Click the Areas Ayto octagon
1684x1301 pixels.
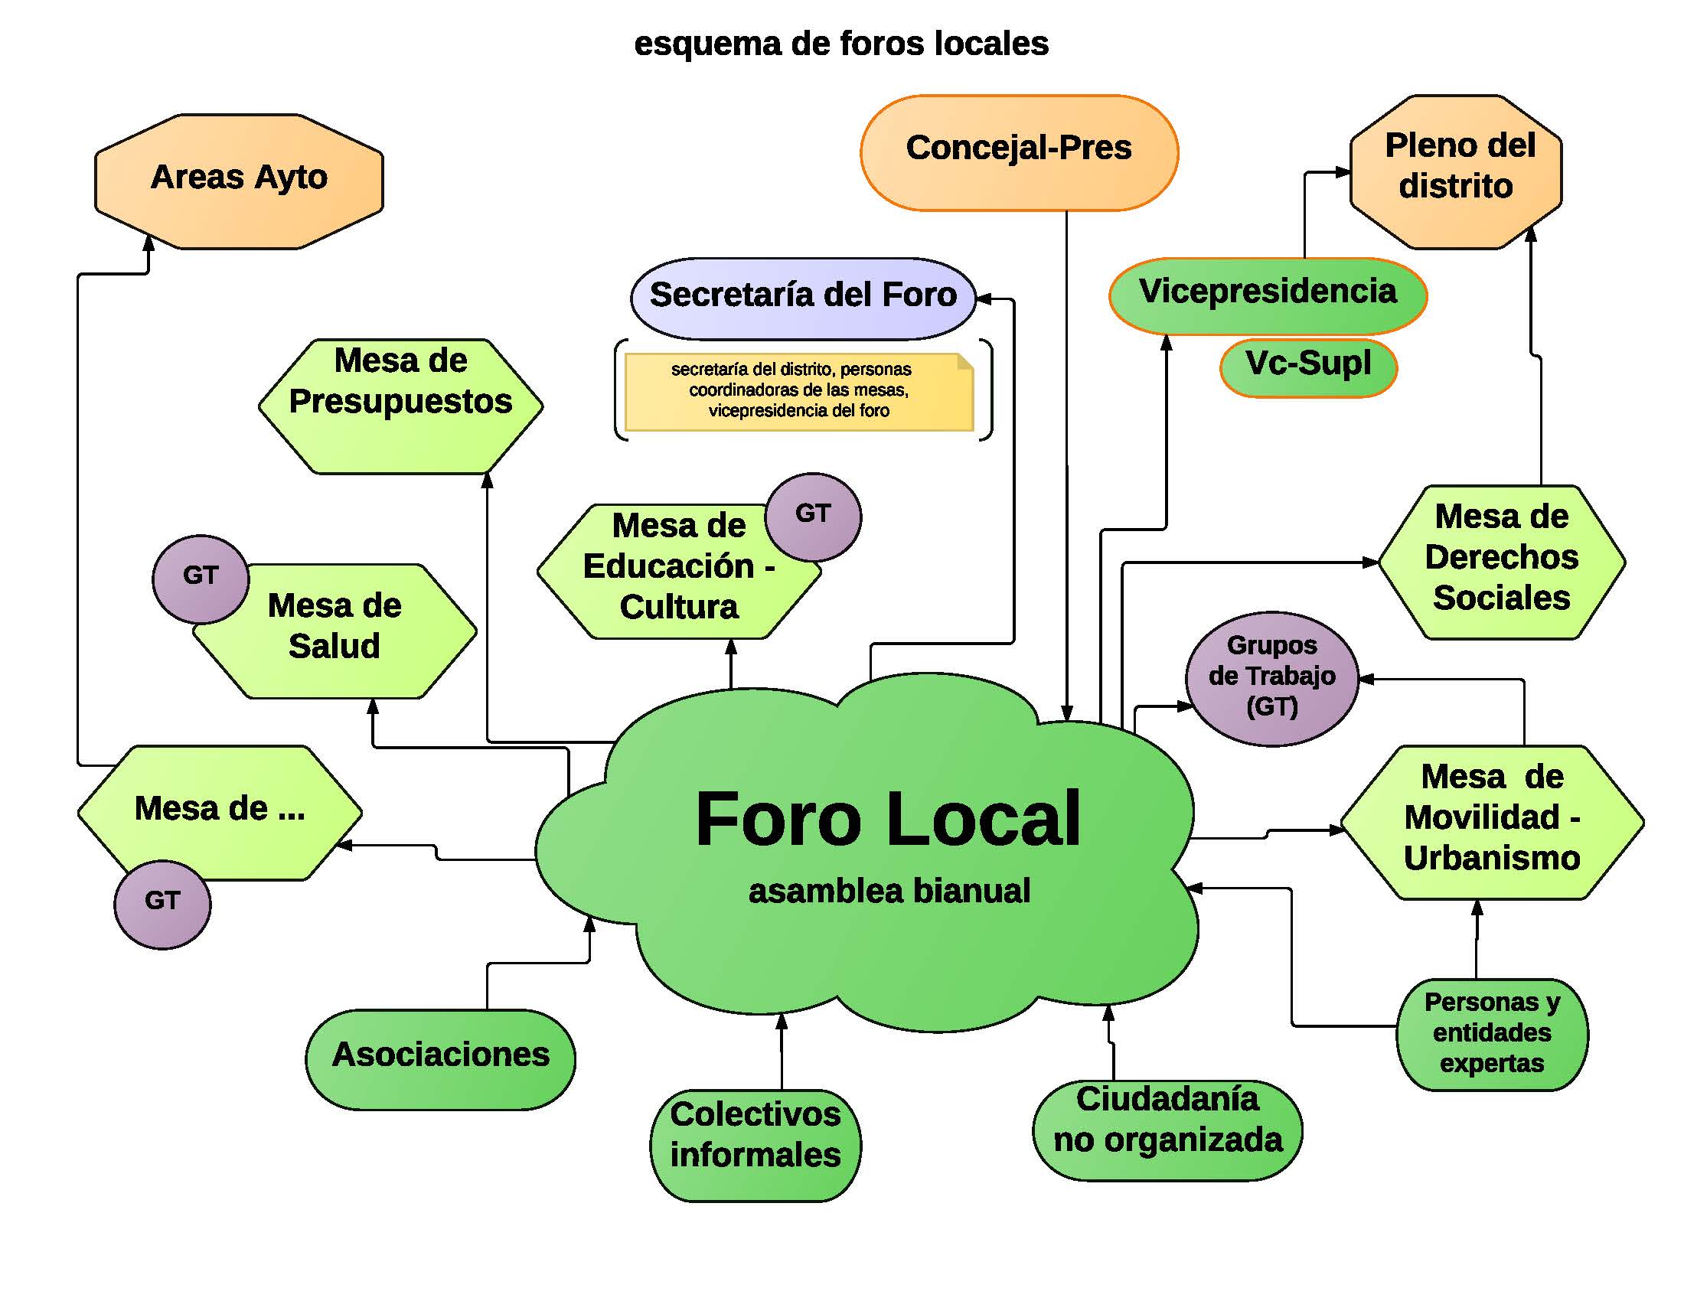point(239,181)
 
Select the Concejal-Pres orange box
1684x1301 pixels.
point(1019,152)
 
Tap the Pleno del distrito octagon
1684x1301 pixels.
point(1456,171)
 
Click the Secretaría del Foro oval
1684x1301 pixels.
point(803,298)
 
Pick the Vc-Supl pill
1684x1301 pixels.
point(1308,367)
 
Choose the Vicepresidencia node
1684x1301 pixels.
point(1268,295)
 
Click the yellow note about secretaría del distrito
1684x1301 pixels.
point(799,392)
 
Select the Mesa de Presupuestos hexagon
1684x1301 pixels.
point(400,406)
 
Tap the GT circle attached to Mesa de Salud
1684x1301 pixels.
point(201,579)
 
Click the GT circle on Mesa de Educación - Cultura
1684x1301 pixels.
point(813,517)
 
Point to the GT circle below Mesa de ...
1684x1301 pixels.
point(162,904)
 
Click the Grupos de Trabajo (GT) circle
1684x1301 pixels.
point(1271,678)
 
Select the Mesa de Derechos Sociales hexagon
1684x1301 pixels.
point(1500,561)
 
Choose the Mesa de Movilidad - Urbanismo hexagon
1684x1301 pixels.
point(1492,822)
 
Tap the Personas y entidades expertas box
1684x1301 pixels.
point(1492,1035)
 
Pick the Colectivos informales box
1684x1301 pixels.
point(756,1144)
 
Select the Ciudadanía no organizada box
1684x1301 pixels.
point(1167,1129)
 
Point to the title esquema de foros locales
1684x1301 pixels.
point(841,44)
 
